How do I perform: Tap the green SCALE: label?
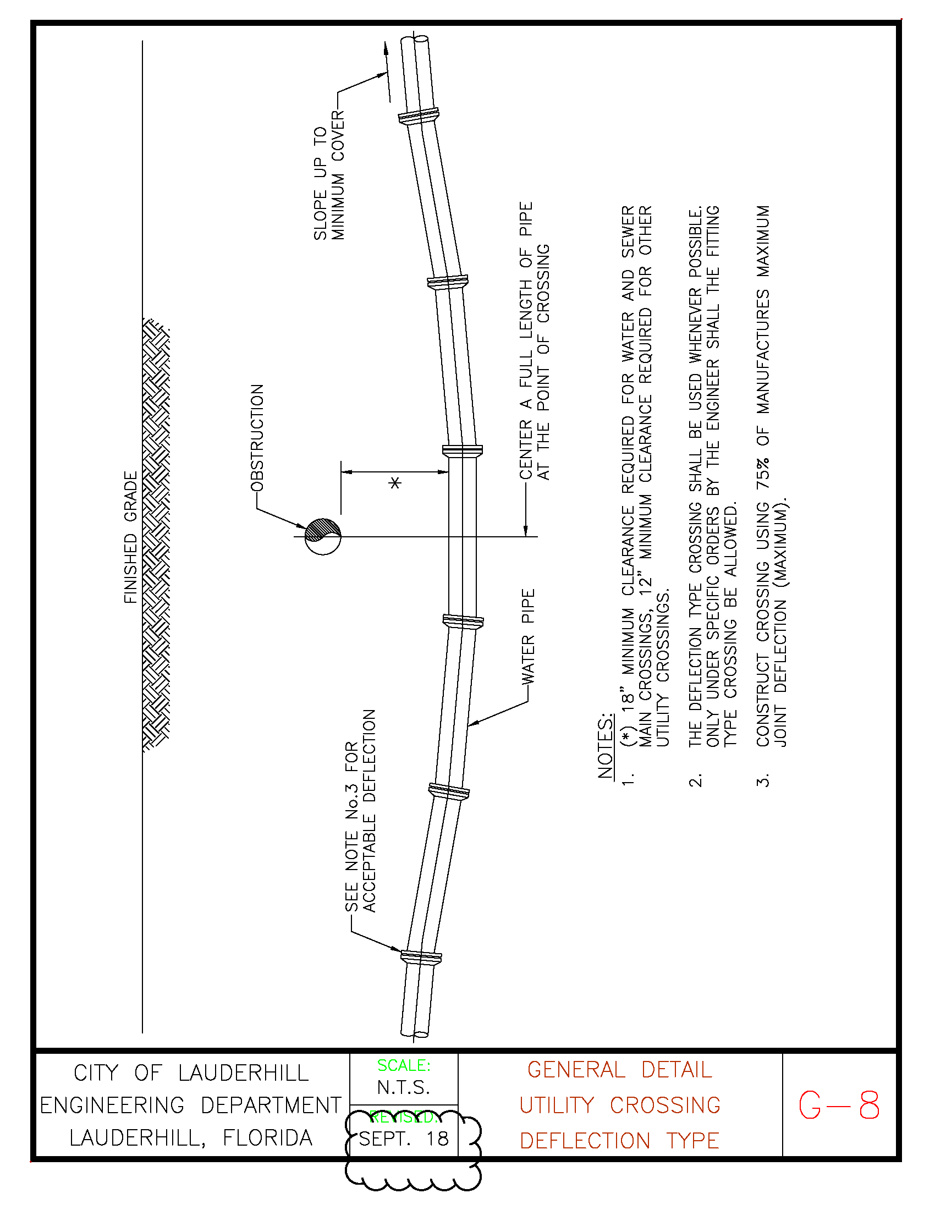[x=404, y=1065]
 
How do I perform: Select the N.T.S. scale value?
[x=404, y=1087]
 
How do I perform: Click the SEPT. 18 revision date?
[x=404, y=1138]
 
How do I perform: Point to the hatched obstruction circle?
[x=323, y=536]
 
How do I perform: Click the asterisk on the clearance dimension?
[x=394, y=483]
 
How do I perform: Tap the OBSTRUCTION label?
[x=257, y=438]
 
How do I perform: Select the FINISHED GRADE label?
[x=130, y=537]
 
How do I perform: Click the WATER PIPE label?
[x=528, y=636]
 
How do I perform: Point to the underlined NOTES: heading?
[x=606, y=746]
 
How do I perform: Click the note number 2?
[x=696, y=780]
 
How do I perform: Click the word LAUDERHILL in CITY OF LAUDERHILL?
[x=243, y=1073]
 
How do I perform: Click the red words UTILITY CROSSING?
[x=619, y=1105]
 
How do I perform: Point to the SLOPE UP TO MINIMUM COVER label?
[x=329, y=175]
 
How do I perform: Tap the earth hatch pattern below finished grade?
[x=156, y=535]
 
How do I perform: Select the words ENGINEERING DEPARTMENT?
[x=191, y=1105]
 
